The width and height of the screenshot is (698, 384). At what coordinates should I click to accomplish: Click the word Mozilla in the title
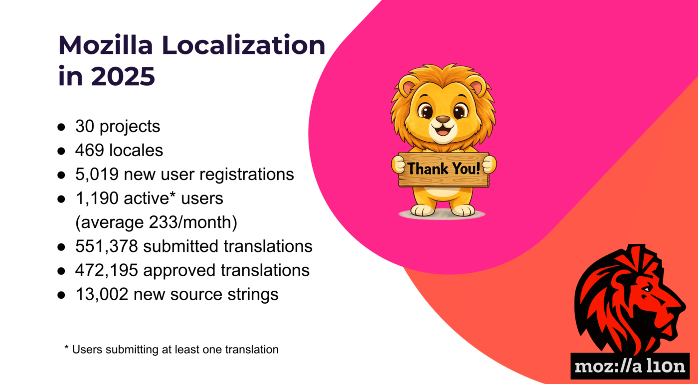(106, 45)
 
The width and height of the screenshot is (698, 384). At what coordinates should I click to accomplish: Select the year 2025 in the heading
(123, 76)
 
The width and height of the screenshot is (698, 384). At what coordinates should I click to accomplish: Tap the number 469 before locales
(90, 150)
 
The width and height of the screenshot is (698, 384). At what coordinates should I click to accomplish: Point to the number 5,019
(97, 175)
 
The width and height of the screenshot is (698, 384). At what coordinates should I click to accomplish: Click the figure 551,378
(107, 246)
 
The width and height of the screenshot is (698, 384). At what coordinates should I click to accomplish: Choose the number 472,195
(107, 270)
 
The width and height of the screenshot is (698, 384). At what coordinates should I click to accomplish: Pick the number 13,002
(102, 294)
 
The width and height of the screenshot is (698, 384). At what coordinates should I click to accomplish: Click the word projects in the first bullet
(130, 127)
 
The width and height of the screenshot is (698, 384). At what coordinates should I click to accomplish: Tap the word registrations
(246, 175)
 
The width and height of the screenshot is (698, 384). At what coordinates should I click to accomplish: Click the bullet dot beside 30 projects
(61, 127)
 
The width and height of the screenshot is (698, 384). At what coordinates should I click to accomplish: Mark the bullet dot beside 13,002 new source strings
(61, 295)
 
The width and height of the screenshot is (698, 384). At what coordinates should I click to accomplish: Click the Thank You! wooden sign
(444, 170)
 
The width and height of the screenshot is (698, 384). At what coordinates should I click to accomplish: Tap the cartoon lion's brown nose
(443, 119)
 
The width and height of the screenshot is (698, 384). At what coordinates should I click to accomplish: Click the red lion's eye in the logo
(646, 290)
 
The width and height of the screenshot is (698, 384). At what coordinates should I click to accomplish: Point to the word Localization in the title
(244, 45)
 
